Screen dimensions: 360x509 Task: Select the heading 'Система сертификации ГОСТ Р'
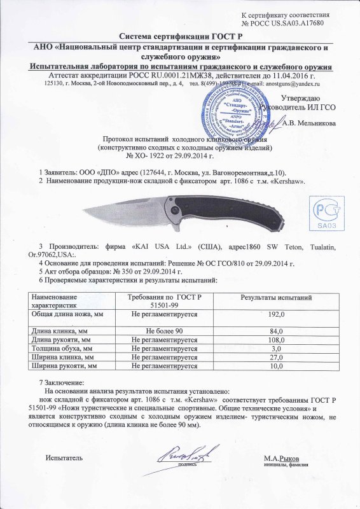[x=180, y=37]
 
